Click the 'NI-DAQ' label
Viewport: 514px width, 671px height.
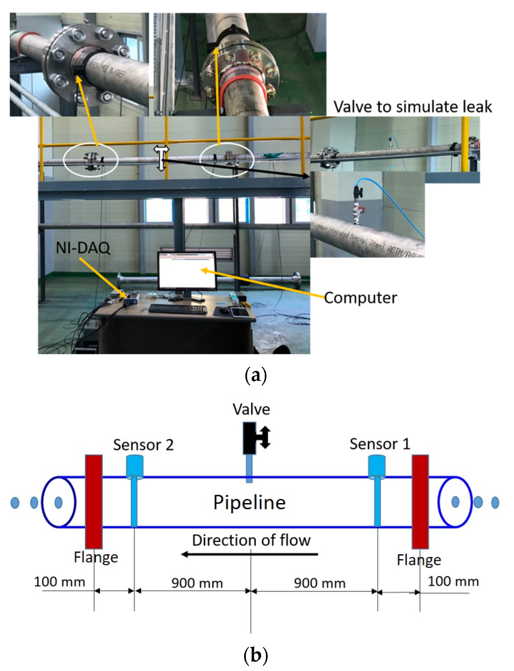click(x=83, y=248)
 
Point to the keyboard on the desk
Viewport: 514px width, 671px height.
click(x=178, y=309)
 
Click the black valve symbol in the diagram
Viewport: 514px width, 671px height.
click(x=250, y=438)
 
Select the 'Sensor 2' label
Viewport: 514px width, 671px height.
click(x=143, y=445)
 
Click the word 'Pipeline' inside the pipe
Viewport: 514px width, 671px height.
click(x=249, y=502)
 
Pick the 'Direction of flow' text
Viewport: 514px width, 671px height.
click(x=251, y=540)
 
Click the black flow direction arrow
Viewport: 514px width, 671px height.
click(x=250, y=554)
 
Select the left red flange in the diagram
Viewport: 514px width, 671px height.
click(x=94, y=501)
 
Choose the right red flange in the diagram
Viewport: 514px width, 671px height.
click(x=420, y=501)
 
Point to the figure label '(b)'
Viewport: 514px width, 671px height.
click(x=256, y=655)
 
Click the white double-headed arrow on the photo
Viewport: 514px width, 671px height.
click(x=161, y=158)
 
